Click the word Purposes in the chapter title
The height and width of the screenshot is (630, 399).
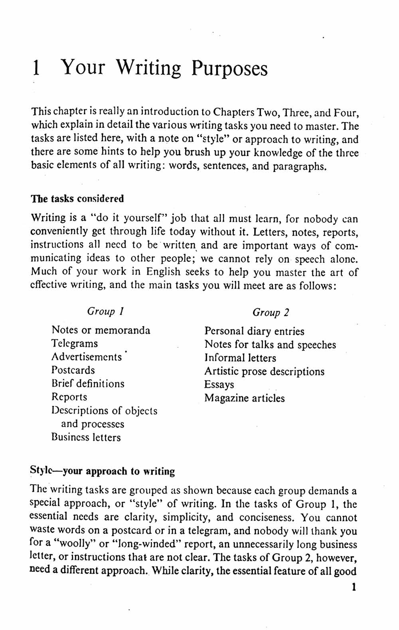tap(229, 69)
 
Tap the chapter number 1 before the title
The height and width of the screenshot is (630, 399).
tap(36, 68)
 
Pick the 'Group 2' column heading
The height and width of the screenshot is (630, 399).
tap(271, 313)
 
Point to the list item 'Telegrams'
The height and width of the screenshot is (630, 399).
tap(75, 344)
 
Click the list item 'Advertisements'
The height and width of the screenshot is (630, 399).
tap(87, 357)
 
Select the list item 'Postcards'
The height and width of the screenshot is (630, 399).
tap(73, 370)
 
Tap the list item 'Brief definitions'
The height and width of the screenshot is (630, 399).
tap(88, 384)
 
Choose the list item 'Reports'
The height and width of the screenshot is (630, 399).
tap(69, 397)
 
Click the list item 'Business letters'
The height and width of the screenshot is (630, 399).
tap(86, 437)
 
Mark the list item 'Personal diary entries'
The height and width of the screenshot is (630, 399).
tap(254, 331)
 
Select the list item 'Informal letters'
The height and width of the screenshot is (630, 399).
tap(240, 358)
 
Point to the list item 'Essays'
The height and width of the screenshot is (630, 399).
tap(219, 385)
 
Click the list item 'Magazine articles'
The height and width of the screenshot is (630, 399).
tap(245, 398)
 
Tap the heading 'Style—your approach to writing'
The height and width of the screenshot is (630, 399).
tap(103, 471)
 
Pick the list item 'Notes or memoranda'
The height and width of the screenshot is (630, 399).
tap(101, 331)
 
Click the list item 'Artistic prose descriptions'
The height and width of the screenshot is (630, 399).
tap(264, 372)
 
